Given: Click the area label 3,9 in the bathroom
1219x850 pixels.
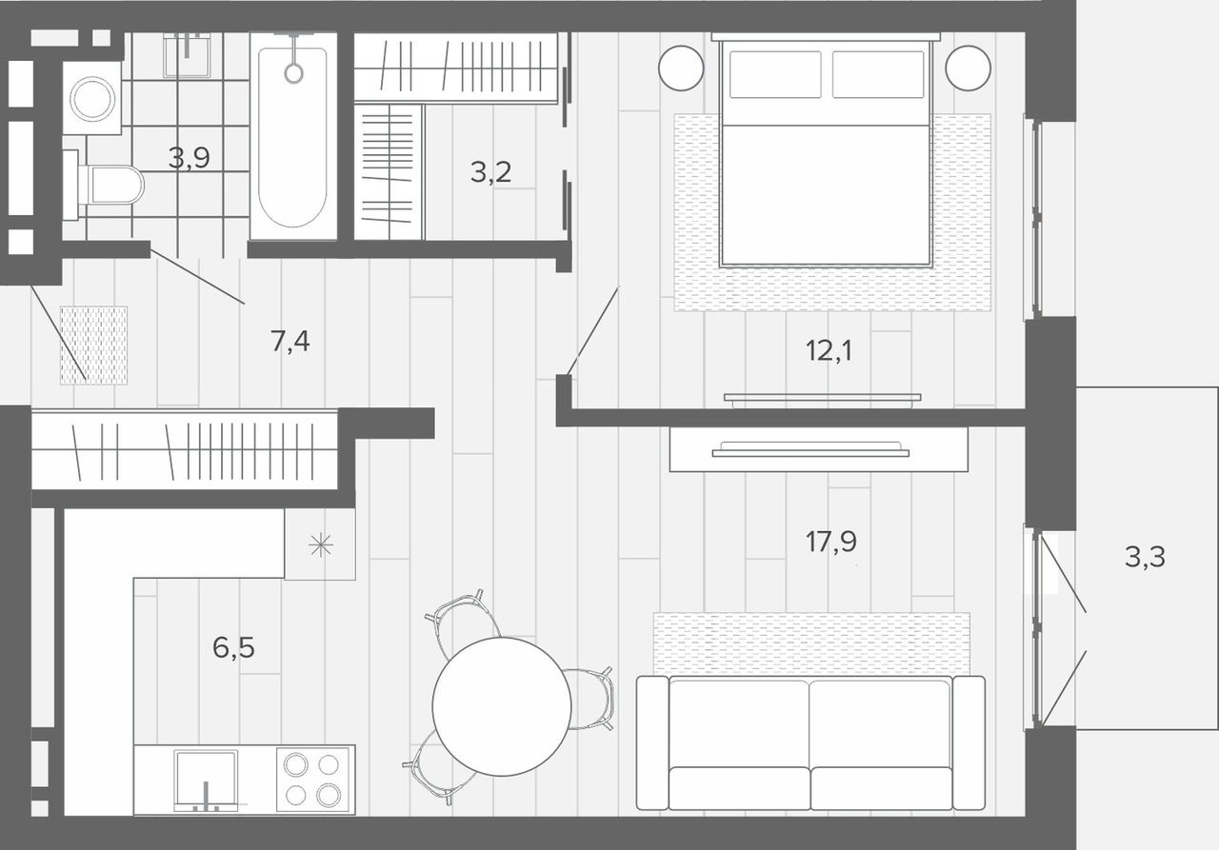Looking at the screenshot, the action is (x=189, y=158).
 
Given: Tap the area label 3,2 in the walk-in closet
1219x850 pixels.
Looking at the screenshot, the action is (x=490, y=172).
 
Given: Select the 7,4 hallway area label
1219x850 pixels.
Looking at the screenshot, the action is (x=290, y=342).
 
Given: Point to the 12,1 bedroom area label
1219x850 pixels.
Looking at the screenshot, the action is (x=829, y=350).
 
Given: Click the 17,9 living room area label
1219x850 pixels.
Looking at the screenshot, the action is (x=831, y=542).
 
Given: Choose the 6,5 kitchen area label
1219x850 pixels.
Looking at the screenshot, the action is (x=233, y=647).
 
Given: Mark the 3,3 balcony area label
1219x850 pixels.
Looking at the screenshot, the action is (x=1145, y=557).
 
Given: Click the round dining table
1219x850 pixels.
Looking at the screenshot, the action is (x=502, y=706).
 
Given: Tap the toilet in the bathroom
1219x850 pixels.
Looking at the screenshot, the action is (x=104, y=185).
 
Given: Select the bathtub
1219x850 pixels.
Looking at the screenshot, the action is (x=293, y=136).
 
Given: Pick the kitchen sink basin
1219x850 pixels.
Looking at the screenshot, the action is (x=206, y=779).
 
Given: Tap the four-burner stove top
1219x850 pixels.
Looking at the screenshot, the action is (x=313, y=781).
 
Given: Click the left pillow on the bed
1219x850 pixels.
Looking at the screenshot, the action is (x=775, y=74).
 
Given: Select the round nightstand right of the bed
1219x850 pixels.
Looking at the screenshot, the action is (x=969, y=68).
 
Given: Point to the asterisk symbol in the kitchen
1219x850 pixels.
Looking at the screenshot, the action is (x=321, y=544).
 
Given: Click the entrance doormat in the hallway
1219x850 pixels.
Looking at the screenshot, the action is (x=93, y=346).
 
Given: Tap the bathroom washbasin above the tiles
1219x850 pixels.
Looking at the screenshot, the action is (x=187, y=54).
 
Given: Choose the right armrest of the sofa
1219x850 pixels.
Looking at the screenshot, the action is (x=969, y=742).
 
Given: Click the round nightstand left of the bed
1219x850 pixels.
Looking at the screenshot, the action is (x=681, y=68).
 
